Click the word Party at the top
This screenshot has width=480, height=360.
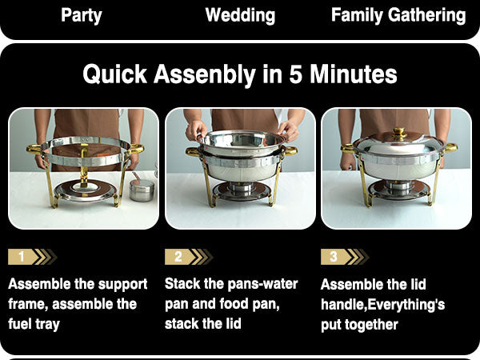pos(82,15)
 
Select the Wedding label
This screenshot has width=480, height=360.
pos(240,15)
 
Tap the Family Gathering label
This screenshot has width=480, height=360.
pos(398,15)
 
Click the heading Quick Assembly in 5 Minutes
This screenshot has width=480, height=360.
pos(240,74)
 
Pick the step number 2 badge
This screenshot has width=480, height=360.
pos(178,257)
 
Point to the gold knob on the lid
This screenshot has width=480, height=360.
pos(399,133)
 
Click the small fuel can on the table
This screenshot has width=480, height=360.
pos(142,190)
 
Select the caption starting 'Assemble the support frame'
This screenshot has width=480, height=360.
pos(78,304)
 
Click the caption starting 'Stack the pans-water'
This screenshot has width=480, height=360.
pos(231,304)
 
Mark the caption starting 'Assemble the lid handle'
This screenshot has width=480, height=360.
pos(382,304)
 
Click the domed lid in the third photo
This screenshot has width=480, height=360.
pos(398,150)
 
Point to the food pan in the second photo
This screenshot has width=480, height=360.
pos(240,143)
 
